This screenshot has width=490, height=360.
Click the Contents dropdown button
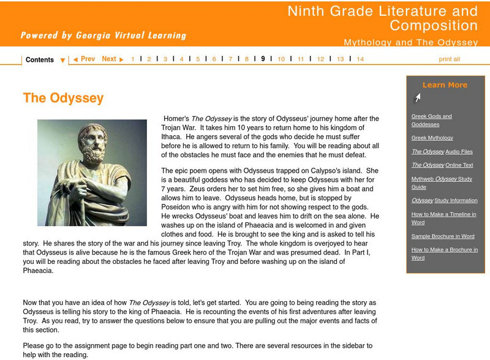click(45, 60)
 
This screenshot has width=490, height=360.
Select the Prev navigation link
click(84, 59)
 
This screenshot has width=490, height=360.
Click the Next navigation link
click(112, 59)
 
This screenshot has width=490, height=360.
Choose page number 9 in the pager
click(263, 59)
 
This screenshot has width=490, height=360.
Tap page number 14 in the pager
click(360, 59)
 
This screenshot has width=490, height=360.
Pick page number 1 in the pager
click(133, 59)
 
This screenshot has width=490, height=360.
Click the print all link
click(449, 59)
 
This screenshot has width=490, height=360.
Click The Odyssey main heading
click(63, 98)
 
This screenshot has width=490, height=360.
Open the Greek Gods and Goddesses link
click(431, 120)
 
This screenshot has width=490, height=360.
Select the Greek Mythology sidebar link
click(432, 138)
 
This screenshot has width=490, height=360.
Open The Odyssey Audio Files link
click(442, 152)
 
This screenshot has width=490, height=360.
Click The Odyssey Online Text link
click(442, 165)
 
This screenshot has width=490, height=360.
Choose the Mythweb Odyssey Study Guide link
click(441, 182)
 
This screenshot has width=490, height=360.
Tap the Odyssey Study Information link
click(444, 201)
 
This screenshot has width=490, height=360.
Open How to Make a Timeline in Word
click(443, 218)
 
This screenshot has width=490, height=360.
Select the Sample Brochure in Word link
click(442, 236)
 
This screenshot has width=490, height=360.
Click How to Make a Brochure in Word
click(443, 253)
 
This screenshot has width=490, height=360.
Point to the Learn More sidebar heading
click(445, 85)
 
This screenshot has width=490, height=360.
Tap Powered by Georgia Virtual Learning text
click(103, 36)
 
